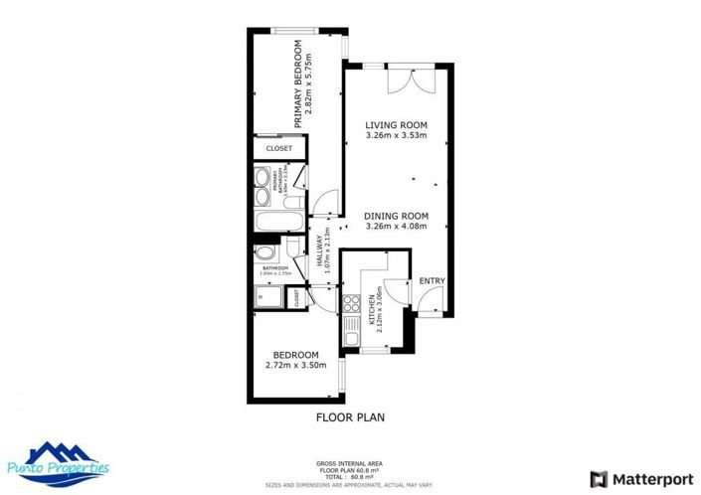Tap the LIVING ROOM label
(x=395, y=123)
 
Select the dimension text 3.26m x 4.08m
(x=395, y=226)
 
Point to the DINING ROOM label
(x=395, y=216)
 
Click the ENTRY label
(x=431, y=281)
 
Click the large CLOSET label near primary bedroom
(x=278, y=149)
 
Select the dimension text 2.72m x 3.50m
(x=295, y=365)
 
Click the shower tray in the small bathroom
(x=268, y=297)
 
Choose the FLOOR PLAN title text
(x=350, y=417)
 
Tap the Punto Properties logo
(x=68, y=463)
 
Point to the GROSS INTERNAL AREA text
(x=349, y=464)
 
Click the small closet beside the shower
(x=296, y=296)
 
